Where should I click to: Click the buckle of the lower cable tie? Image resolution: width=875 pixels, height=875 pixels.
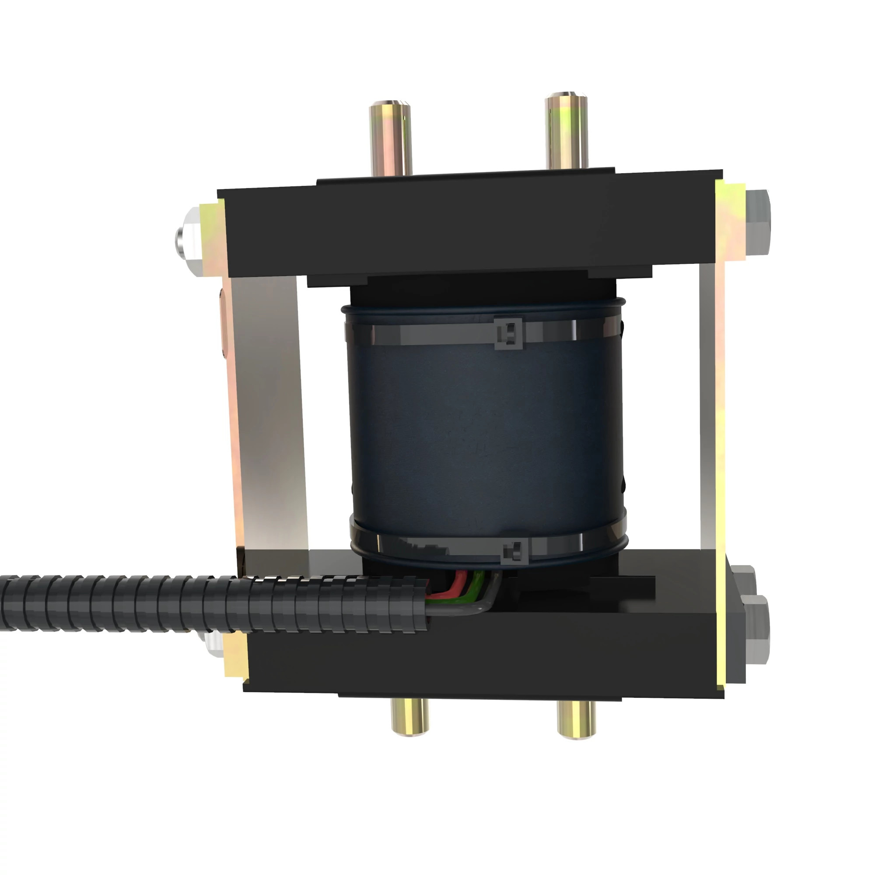[514, 552]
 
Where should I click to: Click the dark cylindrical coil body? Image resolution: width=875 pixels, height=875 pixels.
[485, 435]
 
